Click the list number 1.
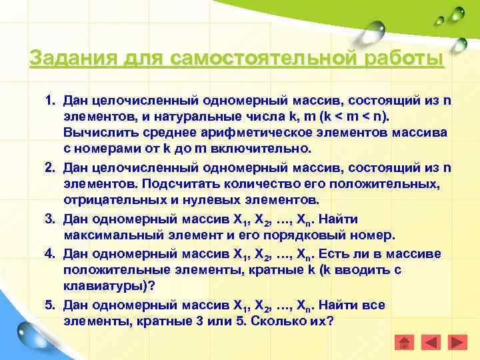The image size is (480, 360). point(49,101)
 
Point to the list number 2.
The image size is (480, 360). point(49,167)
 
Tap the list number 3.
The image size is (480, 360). point(49,219)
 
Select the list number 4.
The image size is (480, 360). point(49,253)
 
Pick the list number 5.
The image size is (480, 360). point(49,305)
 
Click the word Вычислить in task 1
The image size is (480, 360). point(97,134)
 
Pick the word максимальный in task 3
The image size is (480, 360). point(109,236)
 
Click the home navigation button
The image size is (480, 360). point(404,343)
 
